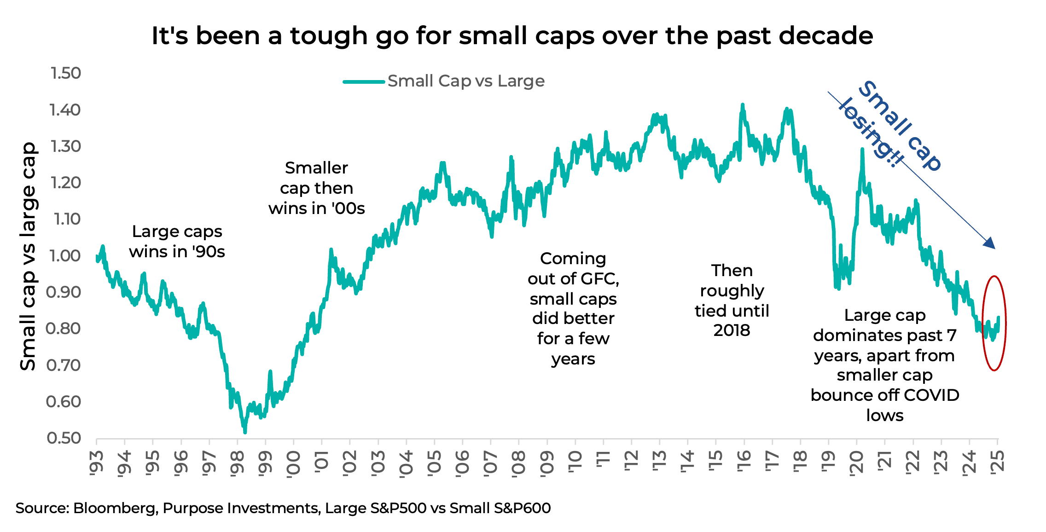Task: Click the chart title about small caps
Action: (512, 35)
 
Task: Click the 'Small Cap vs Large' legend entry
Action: (465, 81)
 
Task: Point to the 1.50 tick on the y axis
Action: (65, 73)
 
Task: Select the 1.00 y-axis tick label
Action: (64, 255)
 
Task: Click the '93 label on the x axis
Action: (97, 462)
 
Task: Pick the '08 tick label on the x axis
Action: (519, 463)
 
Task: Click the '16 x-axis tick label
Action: (744, 462)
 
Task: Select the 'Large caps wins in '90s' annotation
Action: (177, 242)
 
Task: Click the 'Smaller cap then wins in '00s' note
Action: (316, 188)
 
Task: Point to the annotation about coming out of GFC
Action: (573, 308)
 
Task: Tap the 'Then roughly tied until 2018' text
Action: (732, 300)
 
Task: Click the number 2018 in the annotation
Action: (732, 330)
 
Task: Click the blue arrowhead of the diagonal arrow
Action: (989, 243)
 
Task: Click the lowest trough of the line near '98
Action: (245, 431)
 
